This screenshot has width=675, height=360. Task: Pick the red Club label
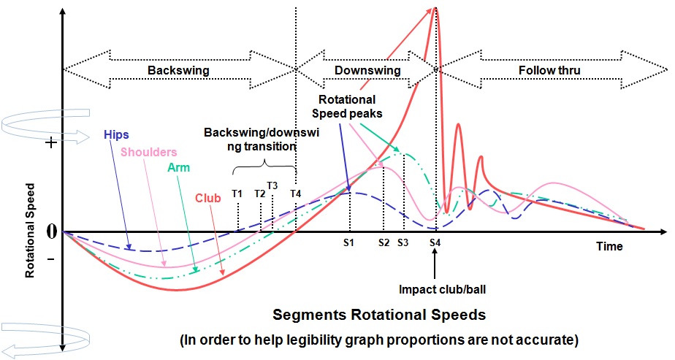208,198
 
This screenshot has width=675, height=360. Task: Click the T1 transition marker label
237,194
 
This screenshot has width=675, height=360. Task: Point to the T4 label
295,194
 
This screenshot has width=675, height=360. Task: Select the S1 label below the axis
348,242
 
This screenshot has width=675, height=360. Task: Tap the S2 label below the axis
383,242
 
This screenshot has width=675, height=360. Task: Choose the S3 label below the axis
403,242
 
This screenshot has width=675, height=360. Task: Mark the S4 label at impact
435,242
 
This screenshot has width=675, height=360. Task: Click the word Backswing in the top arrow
179,71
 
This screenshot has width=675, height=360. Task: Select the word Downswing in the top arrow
367,71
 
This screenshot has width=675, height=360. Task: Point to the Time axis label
609,247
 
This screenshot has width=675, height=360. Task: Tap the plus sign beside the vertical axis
51,143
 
